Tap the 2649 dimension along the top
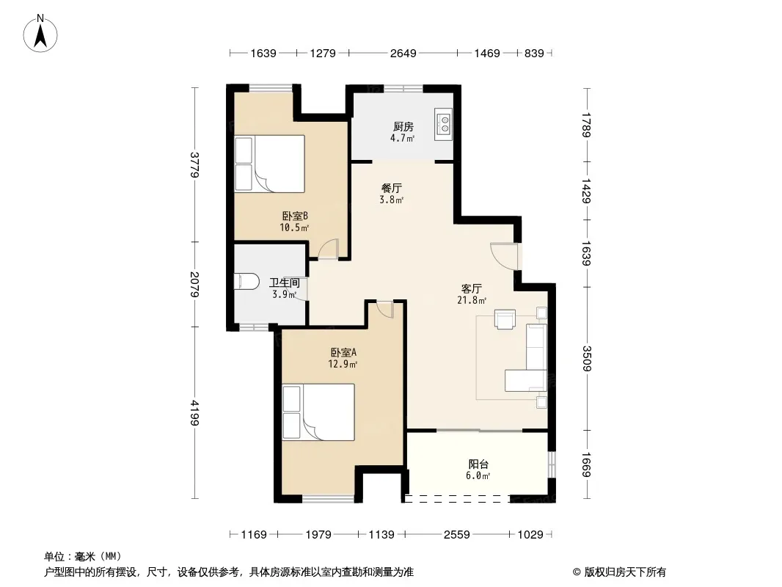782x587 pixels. (403, 53)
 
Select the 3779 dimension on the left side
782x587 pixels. (194, 164)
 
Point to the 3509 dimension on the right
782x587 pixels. (587, 359)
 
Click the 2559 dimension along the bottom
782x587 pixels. (457, 535)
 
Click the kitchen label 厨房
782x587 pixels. (403, 127)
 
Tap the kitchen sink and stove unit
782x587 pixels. (443, 124)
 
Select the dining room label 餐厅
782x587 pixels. (392, 188)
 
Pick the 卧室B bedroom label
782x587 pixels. (295, 216)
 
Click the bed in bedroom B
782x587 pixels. (269, 164)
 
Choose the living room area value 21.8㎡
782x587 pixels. (472, 300)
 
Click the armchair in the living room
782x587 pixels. (505, 319)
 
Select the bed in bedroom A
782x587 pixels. (318, 412)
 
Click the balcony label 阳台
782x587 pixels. (478, 464)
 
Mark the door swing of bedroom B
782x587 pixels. (328, 248)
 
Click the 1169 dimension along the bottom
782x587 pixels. (254, 535)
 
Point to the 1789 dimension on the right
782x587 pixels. (587, 125)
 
